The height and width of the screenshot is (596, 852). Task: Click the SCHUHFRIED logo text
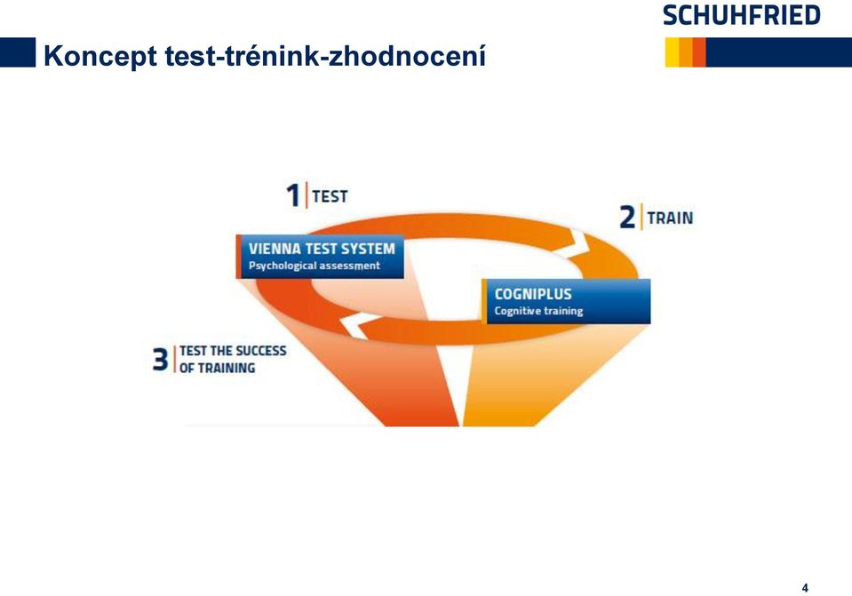(x=741, y=15)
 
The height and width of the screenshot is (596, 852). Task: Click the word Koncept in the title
(x=100, y=57)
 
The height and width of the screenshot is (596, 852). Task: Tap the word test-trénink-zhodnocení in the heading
(x=325, y=55)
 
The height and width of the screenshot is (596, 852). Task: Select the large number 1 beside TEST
(x=293, y=195)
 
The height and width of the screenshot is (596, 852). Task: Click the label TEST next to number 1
(x=330, y=196)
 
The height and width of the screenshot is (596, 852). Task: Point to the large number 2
(x=627, y=217)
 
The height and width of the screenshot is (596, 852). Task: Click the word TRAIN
(x=670, y=218)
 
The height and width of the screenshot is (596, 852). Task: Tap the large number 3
(x=160, y=359)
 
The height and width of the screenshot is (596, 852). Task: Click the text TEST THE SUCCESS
(x=233, y=351)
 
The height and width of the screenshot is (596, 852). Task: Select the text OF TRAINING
(x=217, y=368)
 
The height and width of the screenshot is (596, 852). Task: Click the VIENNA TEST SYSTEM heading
(x=322, y=249)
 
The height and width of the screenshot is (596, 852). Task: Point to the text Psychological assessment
(x=315, y=266)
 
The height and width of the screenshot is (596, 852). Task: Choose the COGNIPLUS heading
(x=532, y=295)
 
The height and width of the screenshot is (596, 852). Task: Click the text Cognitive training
(x=538, y=311)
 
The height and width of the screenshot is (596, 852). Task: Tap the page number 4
(x=805, y=588)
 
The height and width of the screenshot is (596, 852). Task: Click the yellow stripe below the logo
(x=672, y=52)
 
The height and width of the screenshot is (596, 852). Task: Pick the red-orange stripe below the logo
(x=699, y=52)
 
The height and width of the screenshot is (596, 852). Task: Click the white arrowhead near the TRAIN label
(x=579, y=242)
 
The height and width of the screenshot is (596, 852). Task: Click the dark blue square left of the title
(x=18, y=52)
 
